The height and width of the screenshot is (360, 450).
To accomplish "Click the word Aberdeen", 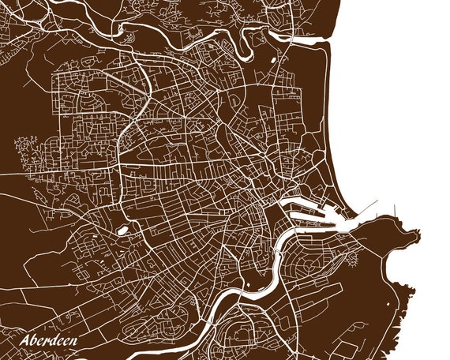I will (x=53, y=341).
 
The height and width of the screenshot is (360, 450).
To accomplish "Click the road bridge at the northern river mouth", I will (x=293, y=36).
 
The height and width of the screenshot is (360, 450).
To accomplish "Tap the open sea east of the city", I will (x=395, y=118).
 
